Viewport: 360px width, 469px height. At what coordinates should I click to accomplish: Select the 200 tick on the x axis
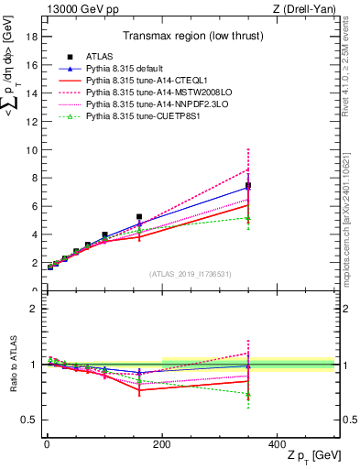tap(161, 444)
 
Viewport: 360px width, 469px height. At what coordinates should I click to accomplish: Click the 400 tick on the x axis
tap(277, 444)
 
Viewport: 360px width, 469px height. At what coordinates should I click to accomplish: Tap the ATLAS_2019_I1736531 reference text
tap(190, 274)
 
